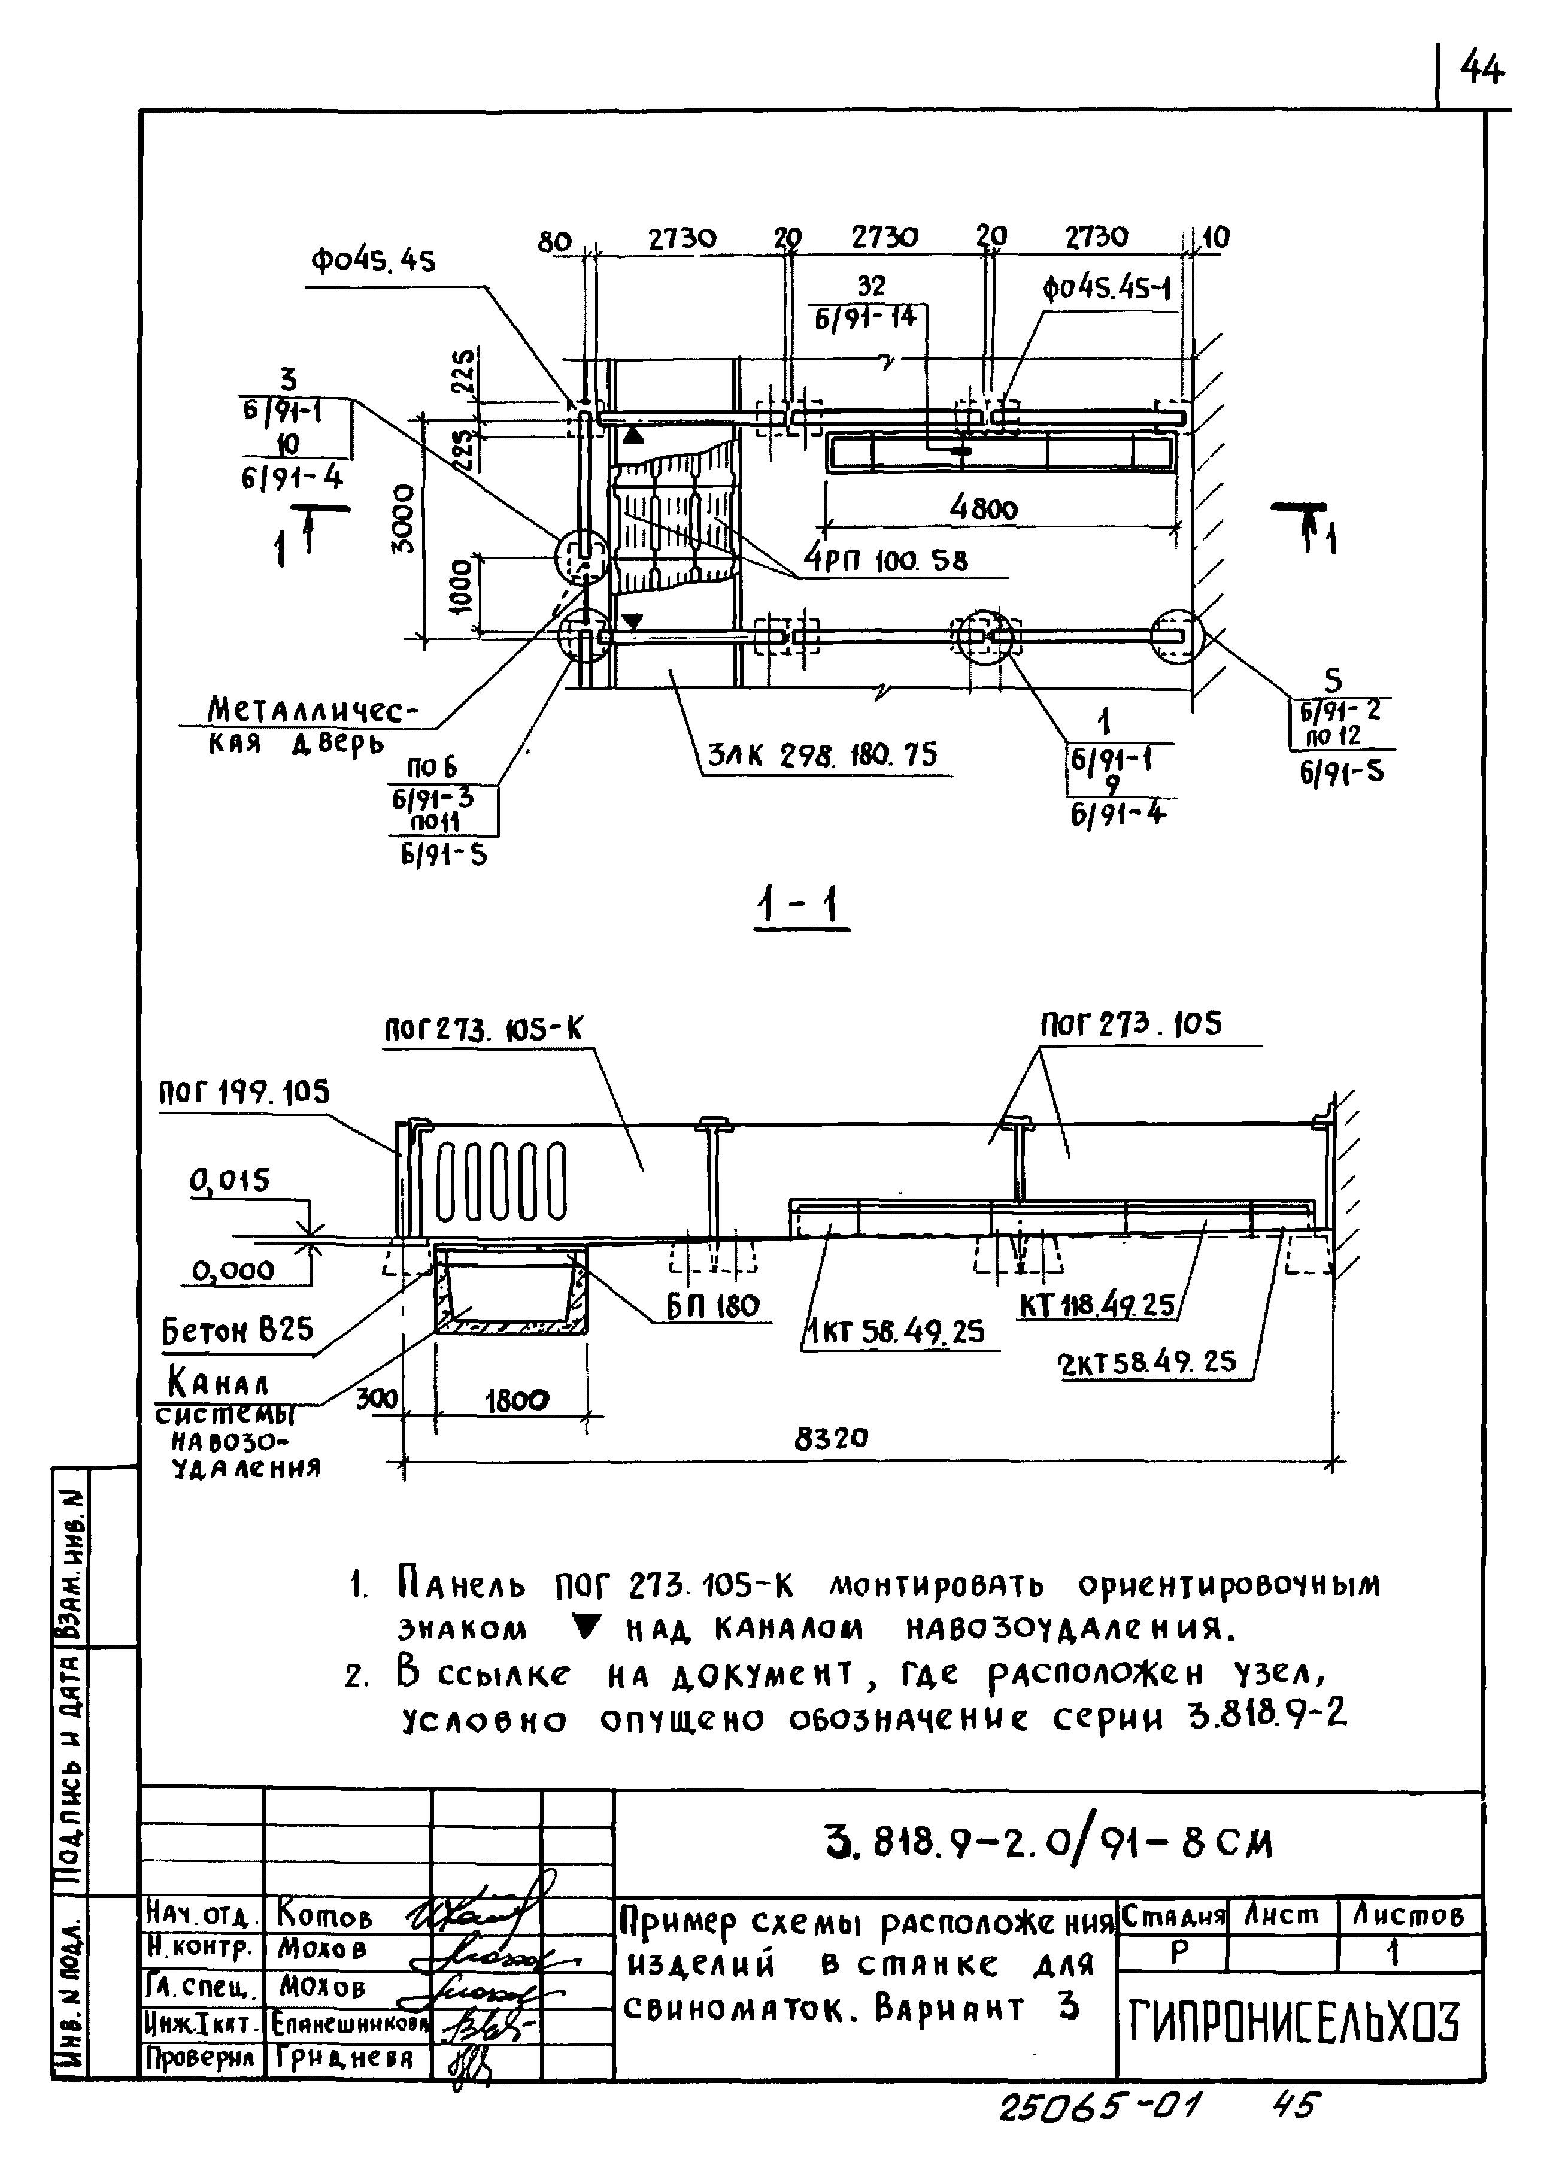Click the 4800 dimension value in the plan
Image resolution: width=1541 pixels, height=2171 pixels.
pyautogui.click(x=984, y=510)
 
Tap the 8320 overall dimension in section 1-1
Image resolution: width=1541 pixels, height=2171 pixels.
pyautogui.click(x=831, y=1439)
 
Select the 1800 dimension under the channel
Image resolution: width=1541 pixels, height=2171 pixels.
pyautogui.click(x=517, y=1400)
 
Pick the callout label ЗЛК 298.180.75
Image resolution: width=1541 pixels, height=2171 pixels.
pyautogui.click(x=822, y=755)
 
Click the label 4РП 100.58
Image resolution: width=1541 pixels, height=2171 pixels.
pyautogui.click(x=886, y=561)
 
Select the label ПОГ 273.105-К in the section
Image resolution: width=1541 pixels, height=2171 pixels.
pyautogui.click(x=483, y=1029)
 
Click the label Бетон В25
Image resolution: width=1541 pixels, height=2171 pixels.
pyautogui.click(x=237, y=1330)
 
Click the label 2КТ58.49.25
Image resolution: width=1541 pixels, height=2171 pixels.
pyautogui.click(x=1147, y=1363)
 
